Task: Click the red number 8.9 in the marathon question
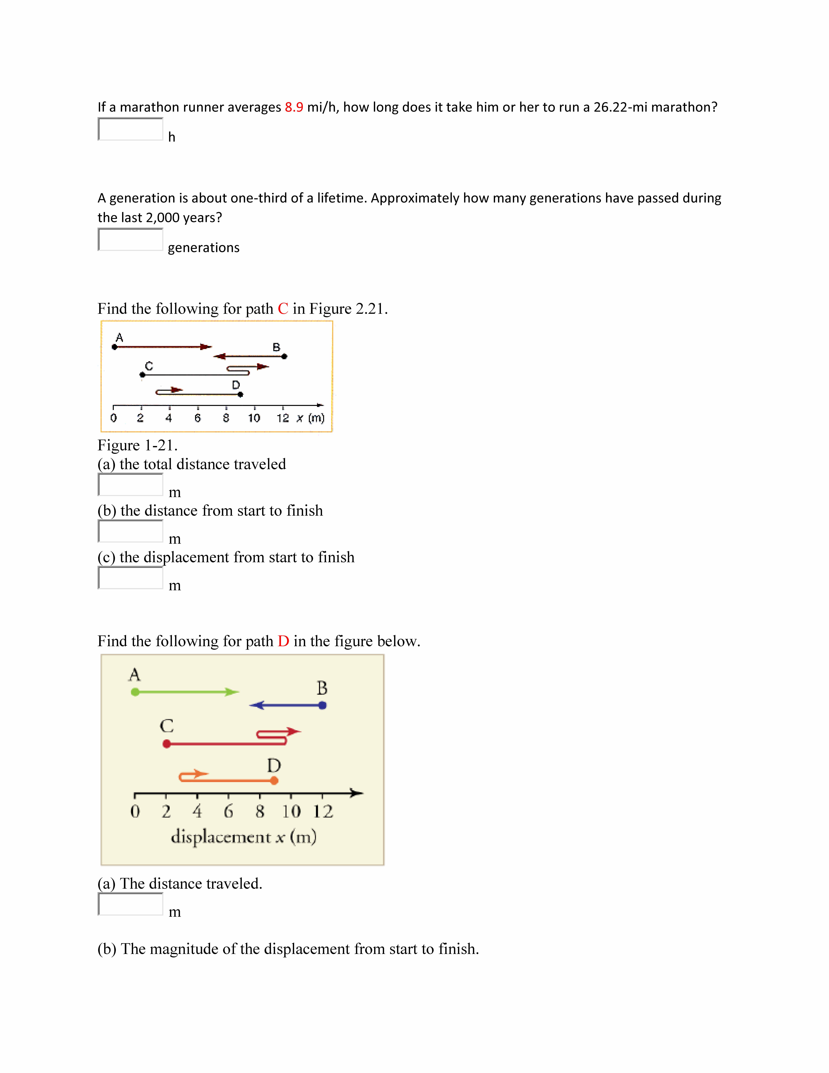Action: coord(294,107)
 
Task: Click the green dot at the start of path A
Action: coord(135,692)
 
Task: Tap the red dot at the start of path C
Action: coord(167,744)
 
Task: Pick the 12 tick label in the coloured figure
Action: coord(323,812)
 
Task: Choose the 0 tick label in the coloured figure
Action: coord(135,812)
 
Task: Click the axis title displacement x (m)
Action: coord(244,837)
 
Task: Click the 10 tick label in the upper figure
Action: coord(254,418)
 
